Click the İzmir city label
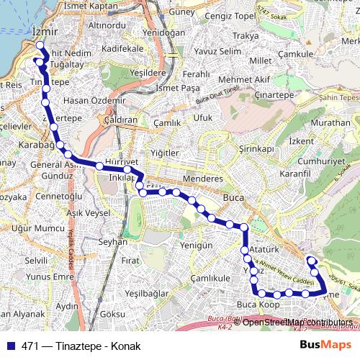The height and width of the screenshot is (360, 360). tap(44, 32)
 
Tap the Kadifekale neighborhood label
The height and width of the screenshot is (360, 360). tap(123, 48)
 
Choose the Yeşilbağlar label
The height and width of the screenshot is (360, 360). tap(146, 293)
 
